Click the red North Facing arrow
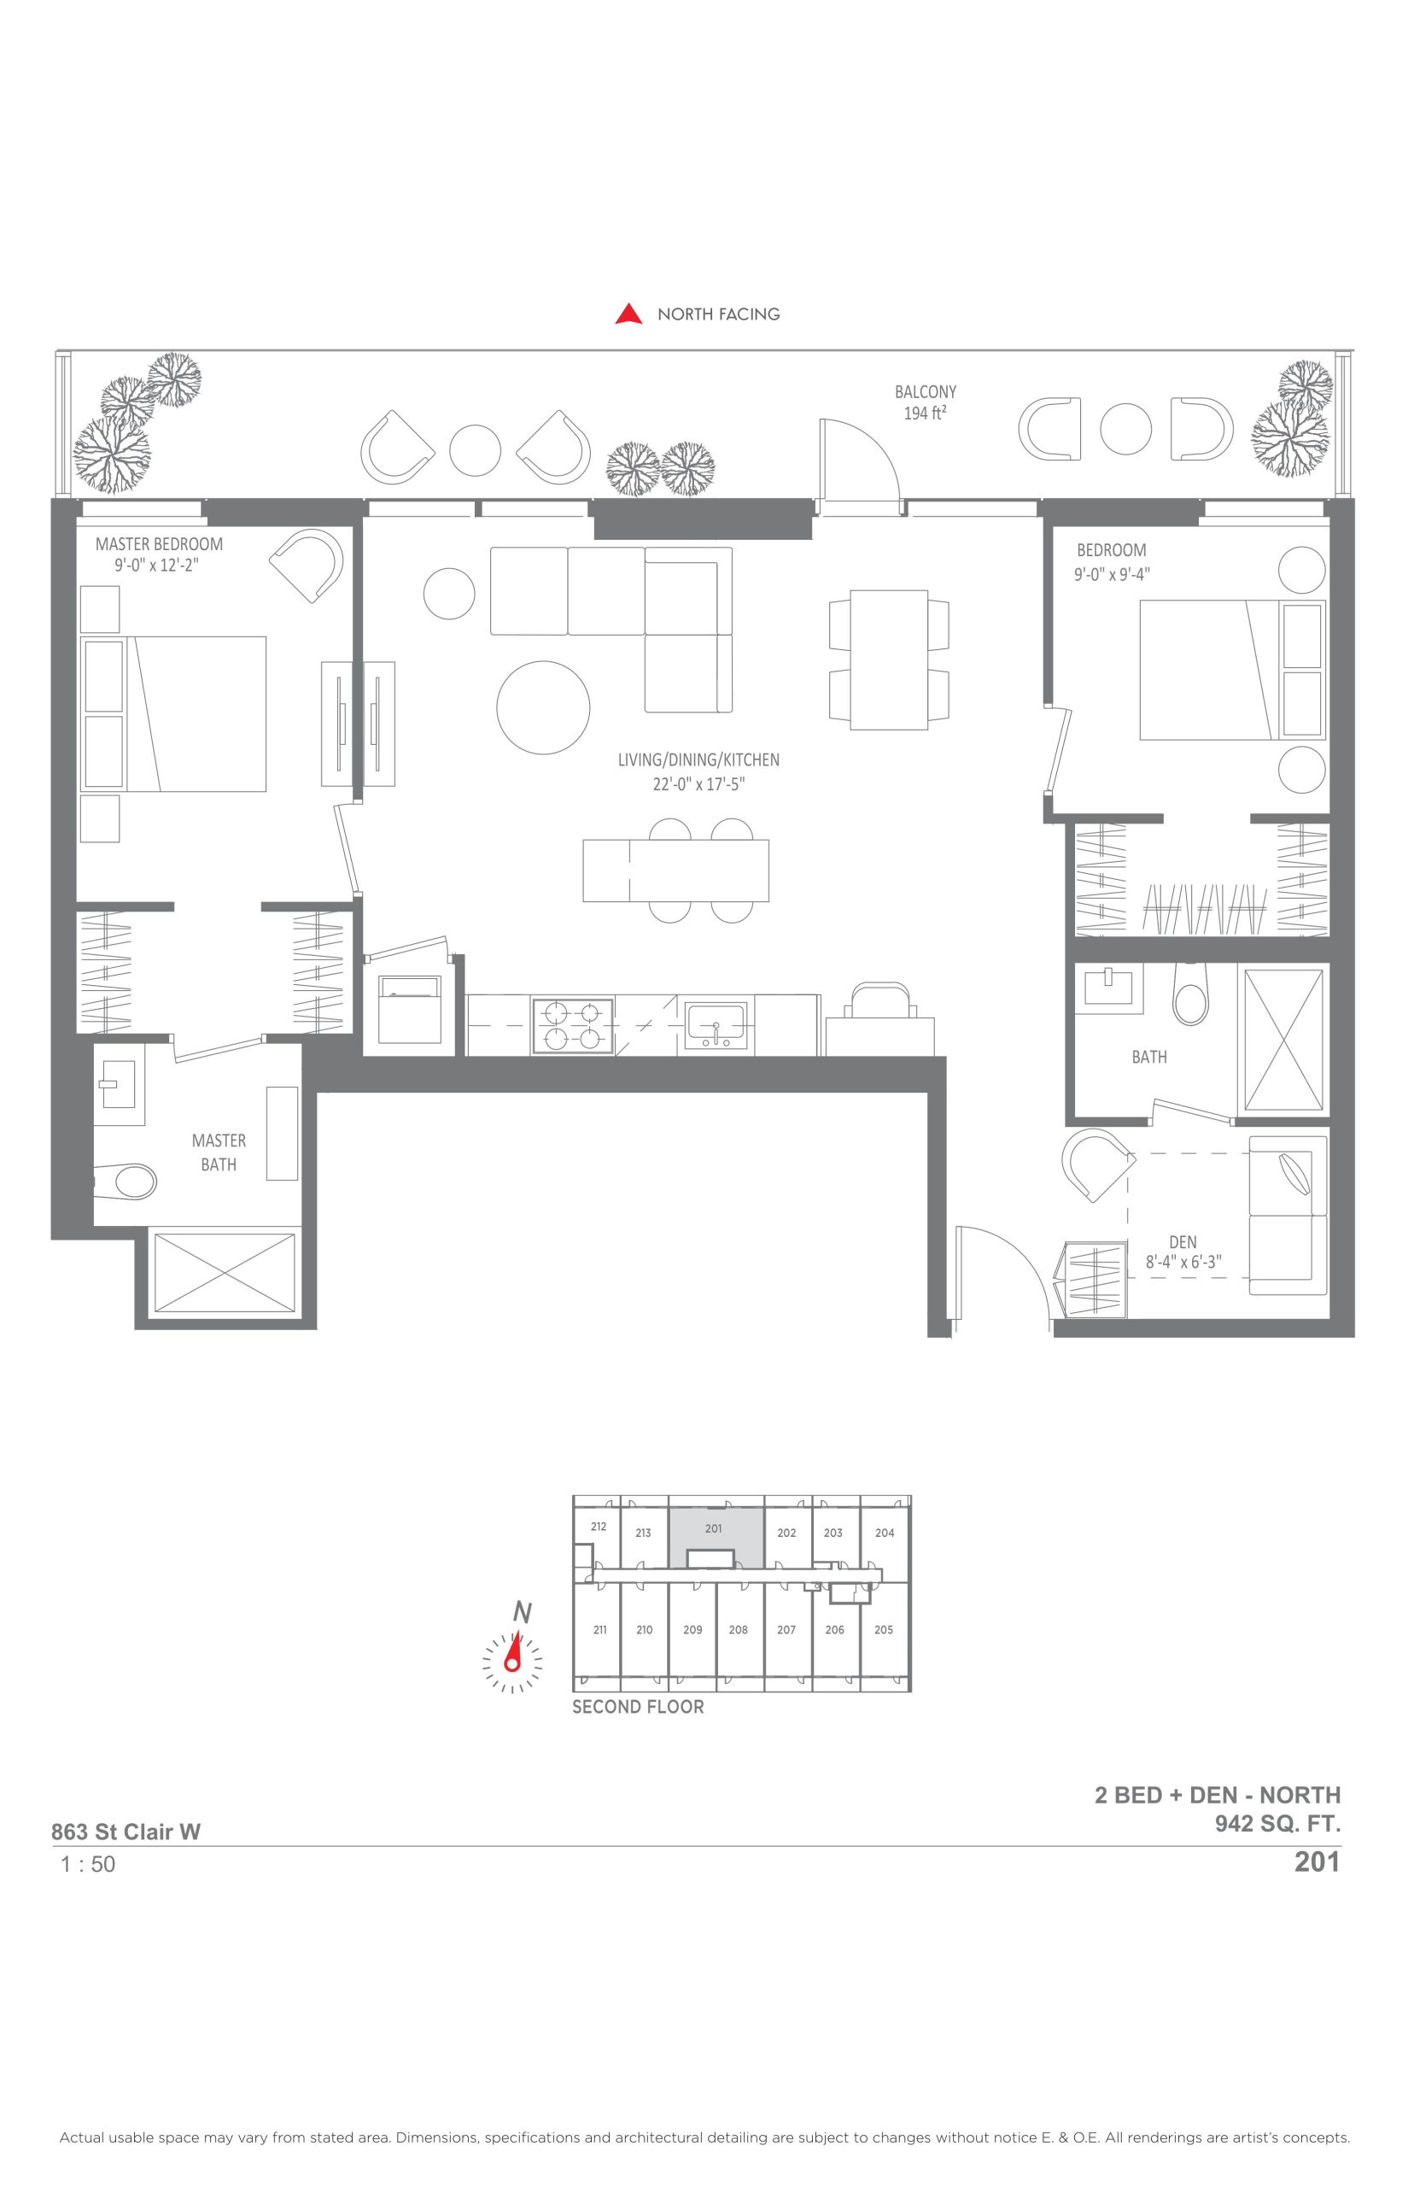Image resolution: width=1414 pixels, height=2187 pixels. point(629,314)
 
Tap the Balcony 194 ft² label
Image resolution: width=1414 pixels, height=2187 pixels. point(926,402)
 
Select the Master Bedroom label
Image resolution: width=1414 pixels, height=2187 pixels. point(159,544)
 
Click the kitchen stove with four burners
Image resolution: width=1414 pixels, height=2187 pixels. point(573,1026)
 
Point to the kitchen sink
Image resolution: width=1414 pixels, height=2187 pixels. point(716,1026)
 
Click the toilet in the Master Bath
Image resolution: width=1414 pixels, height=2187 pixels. point(125,1181)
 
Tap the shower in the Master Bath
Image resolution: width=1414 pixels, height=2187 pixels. point(225,1272)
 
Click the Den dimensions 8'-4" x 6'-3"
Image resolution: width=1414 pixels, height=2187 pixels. point(1183,1262)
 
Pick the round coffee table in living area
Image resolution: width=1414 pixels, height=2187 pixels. point(544,707)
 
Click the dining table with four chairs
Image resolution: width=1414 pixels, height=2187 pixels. point(889,660)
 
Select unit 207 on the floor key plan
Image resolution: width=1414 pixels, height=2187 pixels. point(787,1629)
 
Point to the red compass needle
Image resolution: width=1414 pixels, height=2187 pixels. point(514,1652)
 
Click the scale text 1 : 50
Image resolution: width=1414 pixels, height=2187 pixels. point(88,1864)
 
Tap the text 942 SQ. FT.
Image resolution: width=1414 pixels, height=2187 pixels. point(1278,1823)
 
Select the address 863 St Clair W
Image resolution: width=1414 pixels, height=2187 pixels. point(126,1832)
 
